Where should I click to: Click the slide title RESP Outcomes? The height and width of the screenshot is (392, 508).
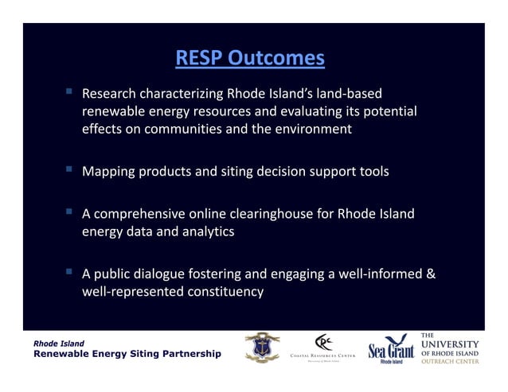250,58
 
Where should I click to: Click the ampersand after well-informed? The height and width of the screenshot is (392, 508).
431,274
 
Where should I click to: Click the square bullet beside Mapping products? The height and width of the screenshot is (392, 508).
69,170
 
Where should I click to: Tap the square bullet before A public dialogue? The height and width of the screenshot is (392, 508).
69,273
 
